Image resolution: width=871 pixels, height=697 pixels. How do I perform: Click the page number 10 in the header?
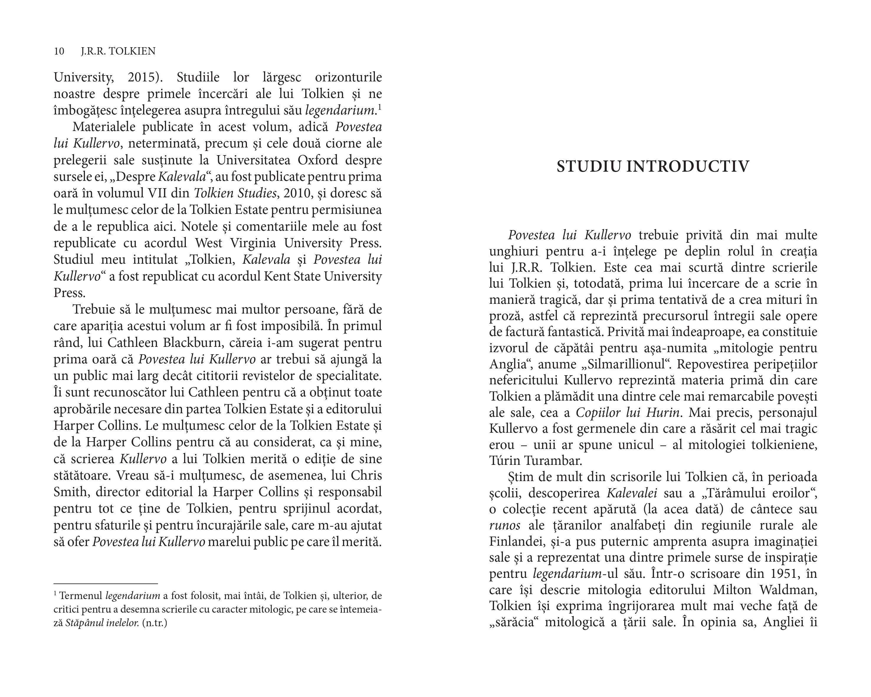click(59, 51)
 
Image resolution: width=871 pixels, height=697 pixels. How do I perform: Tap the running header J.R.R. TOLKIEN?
click(118, 51)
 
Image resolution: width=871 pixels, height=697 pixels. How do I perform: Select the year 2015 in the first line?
click(141, 77)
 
